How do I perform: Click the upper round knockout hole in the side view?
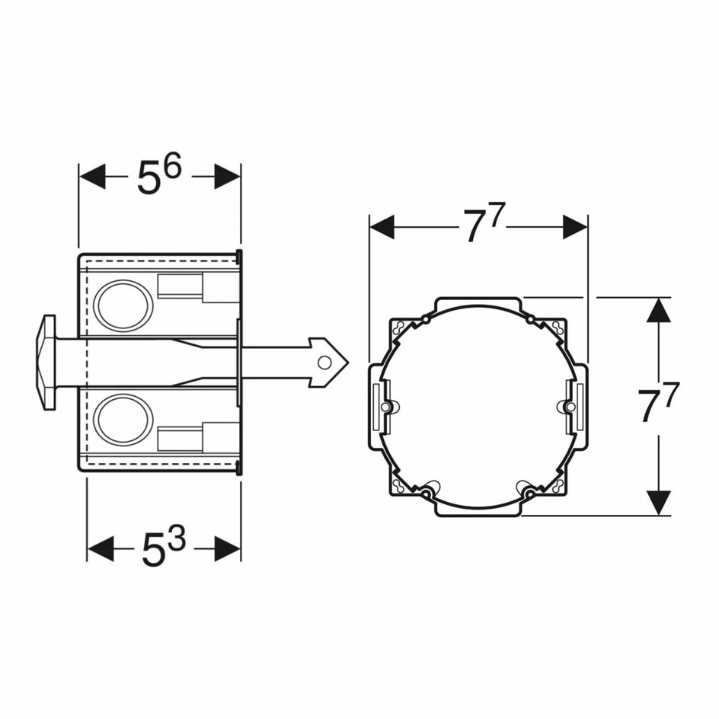pos(124,305)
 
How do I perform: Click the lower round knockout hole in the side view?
pos(124,420)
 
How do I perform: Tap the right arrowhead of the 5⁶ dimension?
pos(227,177)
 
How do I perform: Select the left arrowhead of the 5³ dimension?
pos(101,548)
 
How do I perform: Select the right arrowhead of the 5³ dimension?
pos(227,548)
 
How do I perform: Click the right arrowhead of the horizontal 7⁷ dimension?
pos(575,226)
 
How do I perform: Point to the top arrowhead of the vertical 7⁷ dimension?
pos(659,310)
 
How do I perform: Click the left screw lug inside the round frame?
pos(387,407)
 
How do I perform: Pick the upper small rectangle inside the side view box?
pos(181,286)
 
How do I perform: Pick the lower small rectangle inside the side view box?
pos(181,439)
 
